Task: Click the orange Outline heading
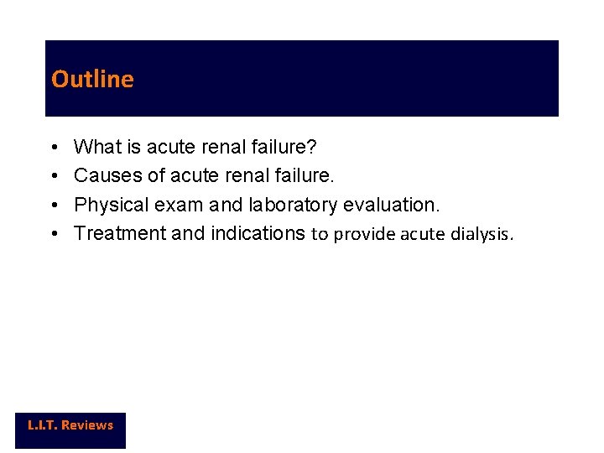(x=92, y=79)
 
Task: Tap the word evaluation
(x=391, y=205)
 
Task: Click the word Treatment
(x=120, y=233)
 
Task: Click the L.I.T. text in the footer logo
(x=41, y=425)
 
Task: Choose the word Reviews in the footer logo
(x=86, y=425)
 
